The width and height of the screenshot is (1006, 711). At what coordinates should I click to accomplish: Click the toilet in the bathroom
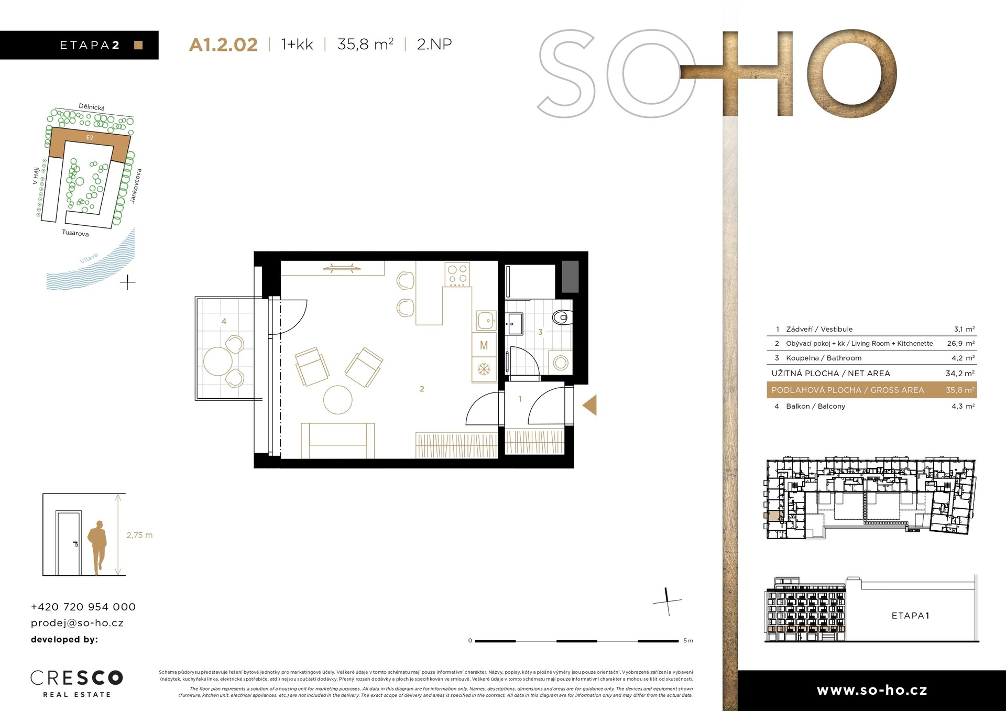click(562, 317)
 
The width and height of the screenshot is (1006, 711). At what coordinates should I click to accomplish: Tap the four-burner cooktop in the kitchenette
click(457, 275)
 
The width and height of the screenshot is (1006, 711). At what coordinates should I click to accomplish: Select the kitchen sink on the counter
click(485, 320)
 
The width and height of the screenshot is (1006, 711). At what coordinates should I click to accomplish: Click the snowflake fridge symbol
click(484, 369)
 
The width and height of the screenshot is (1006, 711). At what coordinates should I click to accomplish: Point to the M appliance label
click(484, 345)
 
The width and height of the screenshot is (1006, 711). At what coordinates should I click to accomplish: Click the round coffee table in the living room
click(337, 400)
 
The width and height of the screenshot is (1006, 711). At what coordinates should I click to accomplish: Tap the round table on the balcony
click(217, 361)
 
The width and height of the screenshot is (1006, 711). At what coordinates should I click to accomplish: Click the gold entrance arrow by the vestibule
click(590, 405)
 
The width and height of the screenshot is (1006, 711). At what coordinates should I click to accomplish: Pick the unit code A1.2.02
click(223, 45)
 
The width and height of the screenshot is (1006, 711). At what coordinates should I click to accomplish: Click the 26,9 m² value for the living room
click(960, 344)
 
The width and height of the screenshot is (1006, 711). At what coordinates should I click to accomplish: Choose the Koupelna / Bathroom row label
click(823, 358)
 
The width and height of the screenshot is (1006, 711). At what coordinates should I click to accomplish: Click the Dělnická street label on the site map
click(92, 107)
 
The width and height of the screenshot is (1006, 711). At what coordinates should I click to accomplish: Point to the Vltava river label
click(89, 258)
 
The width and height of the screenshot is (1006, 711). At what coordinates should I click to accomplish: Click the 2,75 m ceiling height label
click(139, 535)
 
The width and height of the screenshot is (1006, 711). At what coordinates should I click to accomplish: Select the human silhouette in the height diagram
click(97, 547)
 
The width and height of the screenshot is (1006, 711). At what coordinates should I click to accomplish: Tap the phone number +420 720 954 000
click(83, 607)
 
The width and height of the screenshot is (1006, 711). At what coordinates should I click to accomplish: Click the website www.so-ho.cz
click(872, 691)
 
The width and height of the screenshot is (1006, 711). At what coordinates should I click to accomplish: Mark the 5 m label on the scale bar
click(688, 641)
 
